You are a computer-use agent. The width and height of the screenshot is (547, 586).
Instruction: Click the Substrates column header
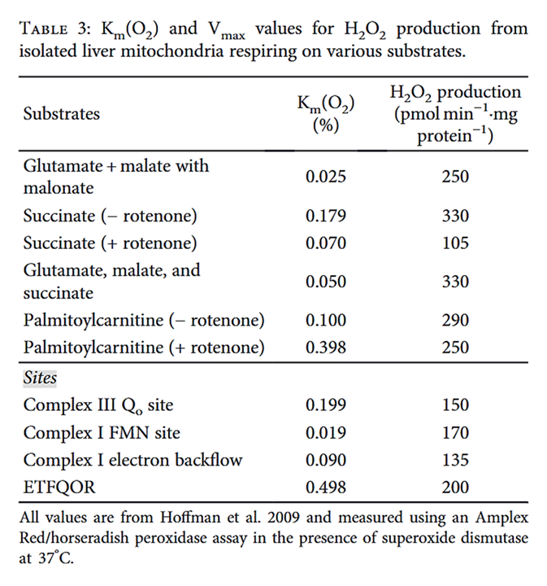(62, 114)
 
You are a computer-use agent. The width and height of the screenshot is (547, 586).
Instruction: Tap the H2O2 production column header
(456, 114)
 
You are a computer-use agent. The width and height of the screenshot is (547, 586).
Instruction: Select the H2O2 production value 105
(456, 243)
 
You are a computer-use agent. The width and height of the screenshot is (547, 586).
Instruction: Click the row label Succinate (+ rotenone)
(110, 243)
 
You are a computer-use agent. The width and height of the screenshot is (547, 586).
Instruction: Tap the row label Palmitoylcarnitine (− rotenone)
(144, 321)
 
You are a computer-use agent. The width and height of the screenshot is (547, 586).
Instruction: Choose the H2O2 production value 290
(456, 321)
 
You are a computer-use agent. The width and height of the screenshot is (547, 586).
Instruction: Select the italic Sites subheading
(40, 378)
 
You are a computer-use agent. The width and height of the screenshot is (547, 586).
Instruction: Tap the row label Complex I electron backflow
(132, 460)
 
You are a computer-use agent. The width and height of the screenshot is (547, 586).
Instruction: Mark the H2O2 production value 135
(456, 460)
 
